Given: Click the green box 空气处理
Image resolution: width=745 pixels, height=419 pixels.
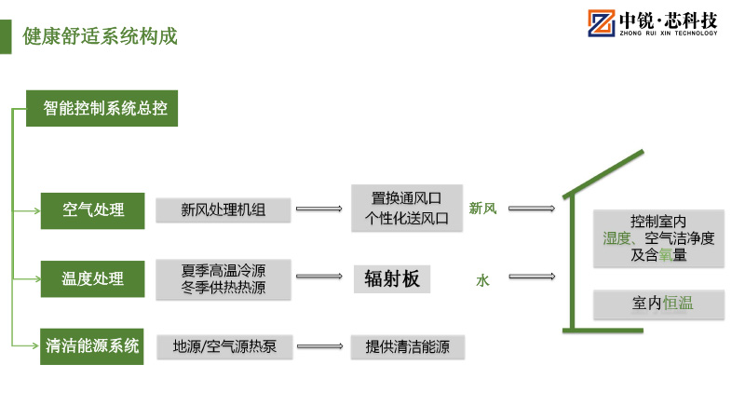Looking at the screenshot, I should point(92,209).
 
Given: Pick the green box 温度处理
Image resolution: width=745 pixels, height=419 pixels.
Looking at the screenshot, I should point(92,278).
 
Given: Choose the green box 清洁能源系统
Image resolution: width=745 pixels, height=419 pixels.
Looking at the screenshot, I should point(92,346).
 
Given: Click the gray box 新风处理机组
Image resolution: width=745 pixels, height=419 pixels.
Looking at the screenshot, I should point(223,209).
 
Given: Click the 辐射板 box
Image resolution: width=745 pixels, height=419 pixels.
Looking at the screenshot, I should point(392,279).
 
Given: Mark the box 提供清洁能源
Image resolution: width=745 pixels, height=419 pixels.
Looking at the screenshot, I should point(407,347).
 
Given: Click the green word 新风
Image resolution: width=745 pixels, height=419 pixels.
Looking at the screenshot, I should point(482,209).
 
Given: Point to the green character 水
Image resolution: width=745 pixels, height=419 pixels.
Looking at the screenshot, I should point(482,278).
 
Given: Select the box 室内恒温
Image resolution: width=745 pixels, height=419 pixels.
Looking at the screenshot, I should point(658,303).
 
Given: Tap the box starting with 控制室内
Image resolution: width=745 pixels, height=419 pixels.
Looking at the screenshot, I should point(658,238).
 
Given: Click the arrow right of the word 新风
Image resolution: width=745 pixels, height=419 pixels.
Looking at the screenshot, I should point(532,209).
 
